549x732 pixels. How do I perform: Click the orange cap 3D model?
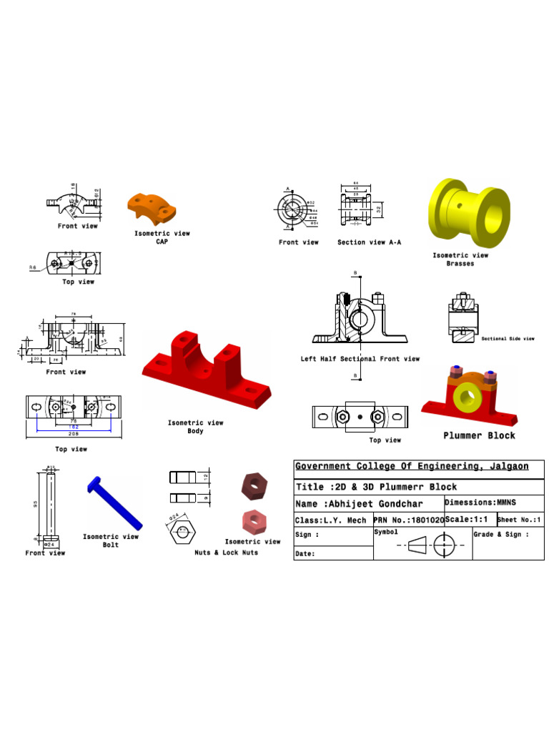click(151, 208)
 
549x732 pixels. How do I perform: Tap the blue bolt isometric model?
click(114, 503)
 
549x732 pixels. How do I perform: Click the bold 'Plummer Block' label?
click(479, 435)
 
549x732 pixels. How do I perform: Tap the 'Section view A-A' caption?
click(369, 242)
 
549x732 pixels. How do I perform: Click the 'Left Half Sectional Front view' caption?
click(360, 359)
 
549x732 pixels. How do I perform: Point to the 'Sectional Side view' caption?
click(508, 339)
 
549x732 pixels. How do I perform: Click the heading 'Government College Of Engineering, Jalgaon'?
click(412, 467)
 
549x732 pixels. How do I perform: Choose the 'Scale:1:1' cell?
click(469, 520)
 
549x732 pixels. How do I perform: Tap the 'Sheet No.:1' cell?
click(520, 520)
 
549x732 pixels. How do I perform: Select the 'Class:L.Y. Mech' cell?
click(331, 520)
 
